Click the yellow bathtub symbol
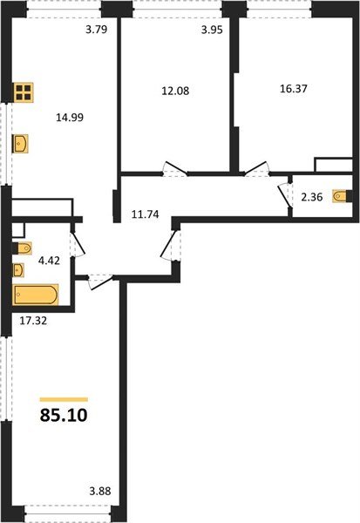coord(36,295)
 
